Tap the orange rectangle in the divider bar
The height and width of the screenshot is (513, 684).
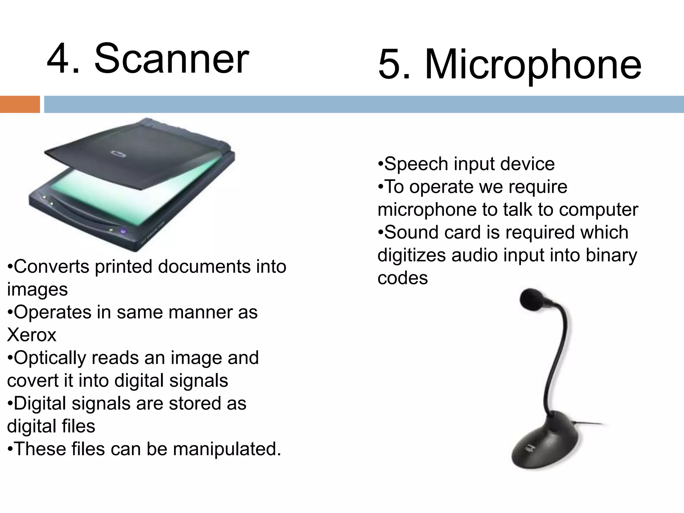coord(20,104)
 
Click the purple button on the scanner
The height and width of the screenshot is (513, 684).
coord(124,231)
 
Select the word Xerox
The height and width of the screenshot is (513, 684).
coord(32,335)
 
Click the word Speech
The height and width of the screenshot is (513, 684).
coord(416,164)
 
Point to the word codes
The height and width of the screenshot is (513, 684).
coord(402,278)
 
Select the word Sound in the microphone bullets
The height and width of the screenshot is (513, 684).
coord(411,232)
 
